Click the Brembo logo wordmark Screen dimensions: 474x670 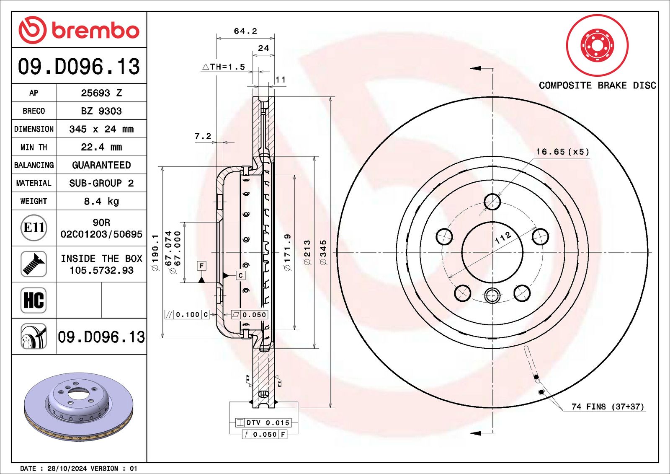pyautogui.click(x=95, y=31)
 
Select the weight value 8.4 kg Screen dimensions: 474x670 pyautogui.click(x=101, y=201)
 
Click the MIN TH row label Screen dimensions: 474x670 pyautogui.click(x=33, y=147)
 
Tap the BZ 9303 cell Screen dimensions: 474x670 pyautogui.click(x=101, y=111)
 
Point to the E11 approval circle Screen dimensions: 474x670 pyautogui.click(x=33, y=228)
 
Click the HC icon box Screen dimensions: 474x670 pyautogui.click(x=33, y=300)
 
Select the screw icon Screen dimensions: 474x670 pyautogui.click(x=33, y=264)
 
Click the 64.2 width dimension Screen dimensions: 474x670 pyautogui.click(x=245, y=31)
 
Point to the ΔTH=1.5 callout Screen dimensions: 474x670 pyautogui.click(x=224, y=67)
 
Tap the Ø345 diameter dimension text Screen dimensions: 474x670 pyautogui.click(x=323, y=252)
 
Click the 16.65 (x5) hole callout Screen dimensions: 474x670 pyautogui.click(x=562, y=152)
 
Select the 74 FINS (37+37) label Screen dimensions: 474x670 pyautogui.click(x=607, y=407)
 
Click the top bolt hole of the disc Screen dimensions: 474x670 pyautogui.click(x=492, y=202)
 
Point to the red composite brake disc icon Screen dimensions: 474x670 pyautogui.click(x=597, y=45)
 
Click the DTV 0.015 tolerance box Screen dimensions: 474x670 pyautogui.click(x=263, y=422)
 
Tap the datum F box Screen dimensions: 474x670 pyautogui.click(x=201, y=266)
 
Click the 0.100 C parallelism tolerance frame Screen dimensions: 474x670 pyautogui.click(x=187, y=315)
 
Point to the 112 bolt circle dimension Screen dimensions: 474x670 pyautogui.click(x=503, y=238)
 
